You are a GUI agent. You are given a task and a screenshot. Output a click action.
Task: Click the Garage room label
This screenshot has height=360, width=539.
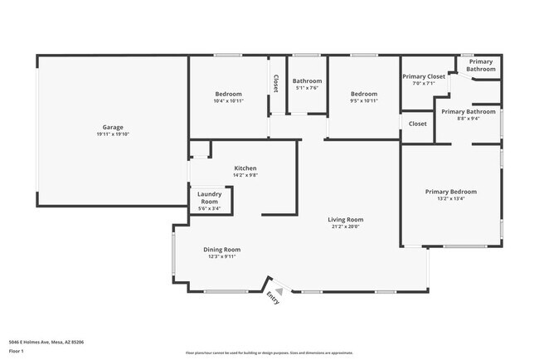pyautogui.click(x=113, y=126)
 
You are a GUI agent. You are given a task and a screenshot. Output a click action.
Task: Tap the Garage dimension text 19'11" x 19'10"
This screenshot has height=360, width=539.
pyautogui.click(x=113, y=134)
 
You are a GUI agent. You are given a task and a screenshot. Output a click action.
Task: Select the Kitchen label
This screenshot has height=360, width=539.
pyautogui.click(x=245, y=168)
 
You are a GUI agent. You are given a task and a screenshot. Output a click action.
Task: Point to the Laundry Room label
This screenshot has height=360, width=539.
pyautogui.click(x=209, y=197)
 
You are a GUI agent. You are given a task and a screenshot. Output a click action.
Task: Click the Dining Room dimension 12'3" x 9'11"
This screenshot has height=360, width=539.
pyautogui.click(x=221, y=257)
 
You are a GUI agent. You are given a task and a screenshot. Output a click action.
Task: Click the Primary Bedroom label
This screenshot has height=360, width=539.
pyautogui.click(x=450, y=191)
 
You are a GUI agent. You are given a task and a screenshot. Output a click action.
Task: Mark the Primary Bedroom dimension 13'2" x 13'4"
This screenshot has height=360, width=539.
pyautogui.click(x=450, y=199)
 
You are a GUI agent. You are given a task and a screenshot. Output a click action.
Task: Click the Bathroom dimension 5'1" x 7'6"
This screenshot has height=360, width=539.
pyautogui.click(x=306, y=88)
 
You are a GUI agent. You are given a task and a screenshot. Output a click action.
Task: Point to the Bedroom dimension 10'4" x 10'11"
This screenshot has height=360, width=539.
pyautogui.click(x=228, y=101)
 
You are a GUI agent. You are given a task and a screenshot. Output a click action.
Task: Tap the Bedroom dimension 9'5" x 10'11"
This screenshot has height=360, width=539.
pyautogui.click(x=363, y=101)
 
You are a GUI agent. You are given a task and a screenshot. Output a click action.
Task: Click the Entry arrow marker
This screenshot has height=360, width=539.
pyautogui.click(x=279, y=291)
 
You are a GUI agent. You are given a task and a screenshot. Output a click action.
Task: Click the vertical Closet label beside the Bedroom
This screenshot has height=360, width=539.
pyautogui.click(x=276, y=84)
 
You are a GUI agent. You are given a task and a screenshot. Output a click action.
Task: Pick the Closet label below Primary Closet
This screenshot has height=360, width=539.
pyautogui.click(x=418, y=124)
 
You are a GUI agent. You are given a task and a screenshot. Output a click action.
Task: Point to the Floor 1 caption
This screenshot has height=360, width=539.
pyautogui.click(x=17, y=351)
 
